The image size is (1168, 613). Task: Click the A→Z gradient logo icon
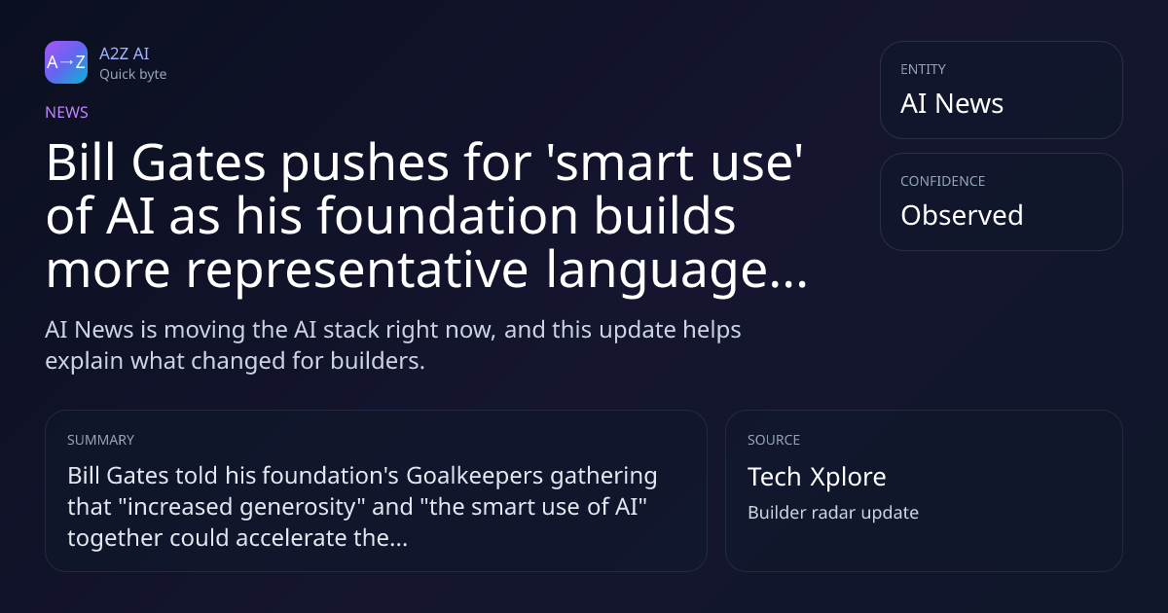66,62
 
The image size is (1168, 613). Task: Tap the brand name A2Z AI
125,54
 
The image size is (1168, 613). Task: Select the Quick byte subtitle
133,75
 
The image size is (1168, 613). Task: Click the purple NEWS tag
67,112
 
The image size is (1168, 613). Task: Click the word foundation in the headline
448,216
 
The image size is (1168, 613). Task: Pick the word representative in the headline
357,271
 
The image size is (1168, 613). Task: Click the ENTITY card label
923,69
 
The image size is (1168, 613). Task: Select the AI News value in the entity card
952,103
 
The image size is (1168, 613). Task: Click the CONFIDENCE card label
943,181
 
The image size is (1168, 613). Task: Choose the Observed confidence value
962,215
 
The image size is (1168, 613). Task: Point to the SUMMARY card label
100,440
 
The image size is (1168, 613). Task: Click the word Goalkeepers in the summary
475,477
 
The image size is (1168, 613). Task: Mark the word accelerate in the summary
291,538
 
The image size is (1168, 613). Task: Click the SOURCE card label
774,440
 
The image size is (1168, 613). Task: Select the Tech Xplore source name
817,477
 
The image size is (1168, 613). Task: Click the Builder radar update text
833,513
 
